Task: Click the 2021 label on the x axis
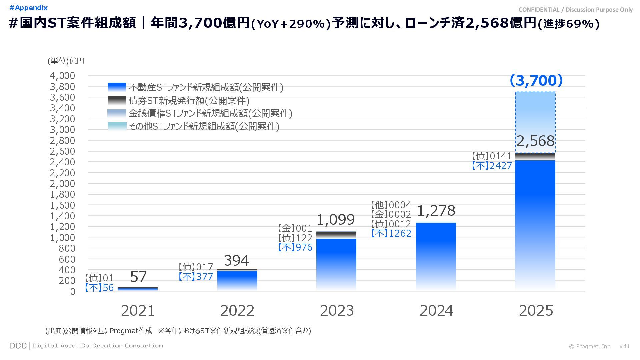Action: [x=138, y=311]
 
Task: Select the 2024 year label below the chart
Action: [x=436, y=311]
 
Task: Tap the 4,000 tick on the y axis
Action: [x=63, y=76]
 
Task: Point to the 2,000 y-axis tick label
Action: [x=63, y=184]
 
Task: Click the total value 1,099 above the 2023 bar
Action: [x=335, y=220]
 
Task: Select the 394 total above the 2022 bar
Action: [x=236, y=261]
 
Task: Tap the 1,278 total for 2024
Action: [x=436, y=211]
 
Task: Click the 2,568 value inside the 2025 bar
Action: [x=535, y=141]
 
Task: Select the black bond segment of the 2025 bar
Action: [x=535, y=156]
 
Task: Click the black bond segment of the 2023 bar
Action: [x=336, y=235]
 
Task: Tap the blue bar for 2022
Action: [x=237, y=280]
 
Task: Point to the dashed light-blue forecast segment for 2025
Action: [x=535, y=113]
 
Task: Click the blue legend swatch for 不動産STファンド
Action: [x=117, y=87]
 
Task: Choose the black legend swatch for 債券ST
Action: [x=117, y=100]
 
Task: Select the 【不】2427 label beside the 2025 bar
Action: [x=492, y=166]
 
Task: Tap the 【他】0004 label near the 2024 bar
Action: [x=391, y=205]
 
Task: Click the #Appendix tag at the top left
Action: [x=29, y=8]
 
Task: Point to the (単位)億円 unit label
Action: [x=66, y=61]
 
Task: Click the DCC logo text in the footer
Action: [x=18, y=346]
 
